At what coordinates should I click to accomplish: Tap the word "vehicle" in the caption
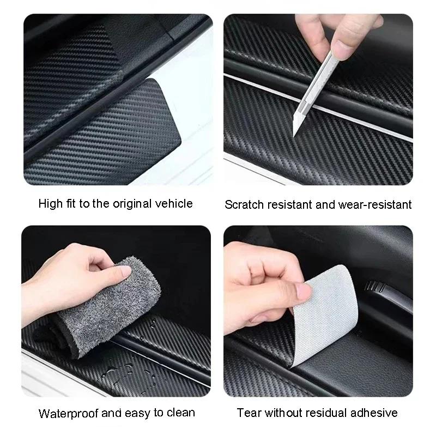174,204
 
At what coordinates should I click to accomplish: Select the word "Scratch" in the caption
244,205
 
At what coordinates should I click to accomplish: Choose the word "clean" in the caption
180,413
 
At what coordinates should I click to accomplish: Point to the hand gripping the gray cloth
71,272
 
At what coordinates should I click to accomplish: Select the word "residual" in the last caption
329,413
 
